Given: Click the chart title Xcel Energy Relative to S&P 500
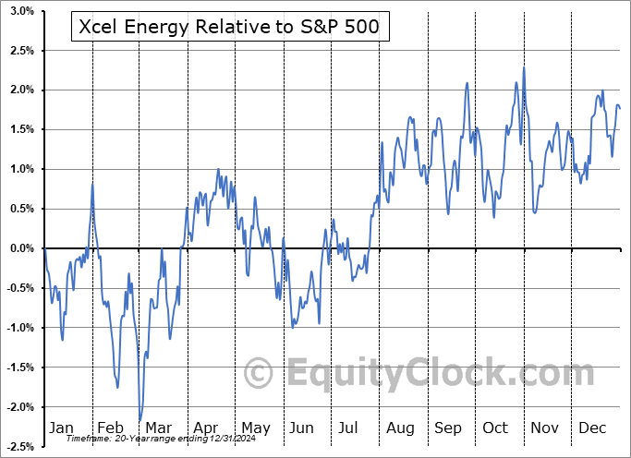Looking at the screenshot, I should click(x=230, y=29).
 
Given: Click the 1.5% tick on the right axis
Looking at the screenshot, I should click(x=612, y=129).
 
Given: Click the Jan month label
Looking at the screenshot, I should click(x=61, y=428).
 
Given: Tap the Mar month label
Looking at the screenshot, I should click(x=159, y=428).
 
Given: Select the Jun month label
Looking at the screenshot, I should click(x=302, y=428).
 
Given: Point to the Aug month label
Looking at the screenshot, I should click(x=401, y=428).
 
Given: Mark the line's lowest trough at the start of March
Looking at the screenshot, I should click(x=140, y=421).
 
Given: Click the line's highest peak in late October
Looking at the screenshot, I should click(x=523, y=67).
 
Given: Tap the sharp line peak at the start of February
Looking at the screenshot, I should click(x=92, y=184).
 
